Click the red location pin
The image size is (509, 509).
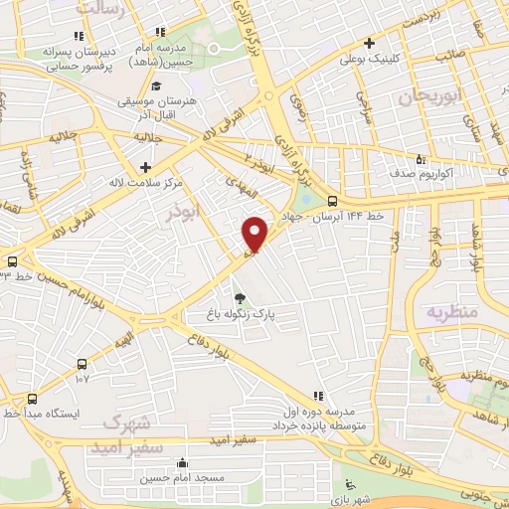255,233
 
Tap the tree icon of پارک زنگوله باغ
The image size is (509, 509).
239,297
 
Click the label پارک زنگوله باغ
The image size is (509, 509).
239,313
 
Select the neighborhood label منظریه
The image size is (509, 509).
452,311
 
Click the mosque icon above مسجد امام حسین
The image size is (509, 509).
182,462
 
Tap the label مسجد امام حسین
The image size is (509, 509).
182,478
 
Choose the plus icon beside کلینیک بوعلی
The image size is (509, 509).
370,43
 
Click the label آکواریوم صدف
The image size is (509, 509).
458,171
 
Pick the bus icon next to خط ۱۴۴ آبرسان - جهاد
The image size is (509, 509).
331,199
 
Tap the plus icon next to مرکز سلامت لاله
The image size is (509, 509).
146,166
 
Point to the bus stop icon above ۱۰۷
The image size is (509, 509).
82,362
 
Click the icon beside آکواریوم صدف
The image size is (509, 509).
421,159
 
